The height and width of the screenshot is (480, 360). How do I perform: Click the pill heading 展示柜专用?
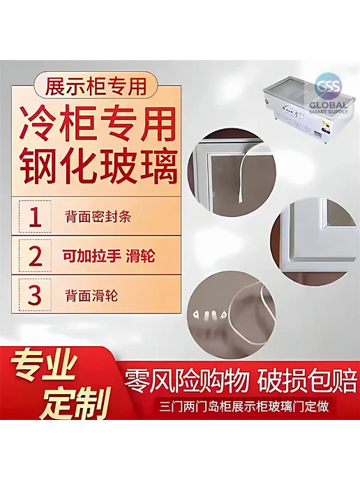(96, 86)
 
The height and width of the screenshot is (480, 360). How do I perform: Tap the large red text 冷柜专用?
(98, 124)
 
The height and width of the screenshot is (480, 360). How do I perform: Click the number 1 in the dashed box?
(35, 217)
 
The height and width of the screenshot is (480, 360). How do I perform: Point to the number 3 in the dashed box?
(35, 295)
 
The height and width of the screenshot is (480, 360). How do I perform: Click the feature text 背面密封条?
(98, 217)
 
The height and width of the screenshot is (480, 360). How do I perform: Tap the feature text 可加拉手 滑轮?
(109, 255)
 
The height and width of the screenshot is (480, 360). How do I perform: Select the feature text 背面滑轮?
(91, 295)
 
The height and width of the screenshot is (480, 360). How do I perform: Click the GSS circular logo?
(329, 86)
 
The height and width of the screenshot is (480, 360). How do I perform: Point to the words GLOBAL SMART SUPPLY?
(329, 107)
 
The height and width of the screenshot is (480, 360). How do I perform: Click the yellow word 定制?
(75, 402)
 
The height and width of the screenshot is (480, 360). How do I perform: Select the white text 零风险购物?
(186, 382)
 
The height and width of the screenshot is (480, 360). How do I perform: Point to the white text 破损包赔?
(307, 382)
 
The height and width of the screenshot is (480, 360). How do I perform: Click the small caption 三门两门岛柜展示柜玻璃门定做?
(244, 407)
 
